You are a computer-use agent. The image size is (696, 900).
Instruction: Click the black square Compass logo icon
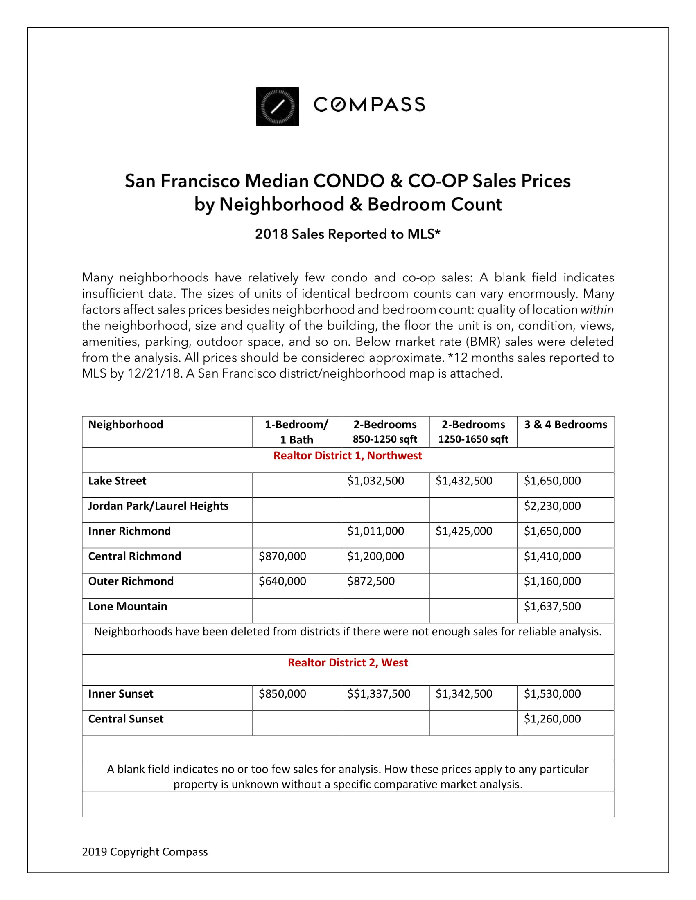pyautogui.click(x=277, y=106)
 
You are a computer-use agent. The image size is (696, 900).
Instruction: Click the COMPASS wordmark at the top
pyautogui.click(x=369, y=105)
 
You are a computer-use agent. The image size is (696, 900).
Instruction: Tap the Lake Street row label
pyautogui.click(x=117, y=481)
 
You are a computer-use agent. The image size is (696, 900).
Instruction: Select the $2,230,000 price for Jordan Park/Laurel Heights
pyautogui.click(x=552, y=506)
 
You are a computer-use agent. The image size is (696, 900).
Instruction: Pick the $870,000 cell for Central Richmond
pyautogui.click(x=282, y=556)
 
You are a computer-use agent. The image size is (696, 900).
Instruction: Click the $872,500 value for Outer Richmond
pyautogui.click(x=371, y=581)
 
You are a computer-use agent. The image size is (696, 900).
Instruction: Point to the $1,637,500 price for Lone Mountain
pyautogui.click(x=552, y=607)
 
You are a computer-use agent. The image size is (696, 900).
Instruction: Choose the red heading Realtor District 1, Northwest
pyautogui.click(x=348, y=456)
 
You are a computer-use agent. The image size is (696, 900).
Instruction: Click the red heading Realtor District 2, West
pyautogui.click(x=348, y=663)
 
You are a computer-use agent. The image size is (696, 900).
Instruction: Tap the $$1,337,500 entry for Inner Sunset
pyautogui.click(x=379, y=694)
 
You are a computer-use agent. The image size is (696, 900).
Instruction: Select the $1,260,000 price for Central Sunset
pyautogui.click(x=552, y=719)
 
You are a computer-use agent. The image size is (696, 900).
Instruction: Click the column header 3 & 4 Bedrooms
pyautogui.click(x=565, y=425)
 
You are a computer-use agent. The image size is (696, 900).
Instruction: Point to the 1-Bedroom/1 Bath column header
pyautogui.click(x=296, y=432)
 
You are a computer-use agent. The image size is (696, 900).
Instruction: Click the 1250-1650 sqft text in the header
pyautogui.click(x=473, y=439)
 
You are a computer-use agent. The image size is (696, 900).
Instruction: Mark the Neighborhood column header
pyautogui.click(x=126, y=425)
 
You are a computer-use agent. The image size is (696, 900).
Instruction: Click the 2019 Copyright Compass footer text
pyautogui.click(x=145, y=852)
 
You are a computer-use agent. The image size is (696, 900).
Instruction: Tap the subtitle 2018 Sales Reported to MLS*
pyautogui.click(x=348, y=234)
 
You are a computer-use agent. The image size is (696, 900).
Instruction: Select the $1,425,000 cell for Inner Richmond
pyautogui.click(x=464, y=531)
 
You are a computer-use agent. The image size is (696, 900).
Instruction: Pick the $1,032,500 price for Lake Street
pyautogui.click(x=375, y=481)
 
